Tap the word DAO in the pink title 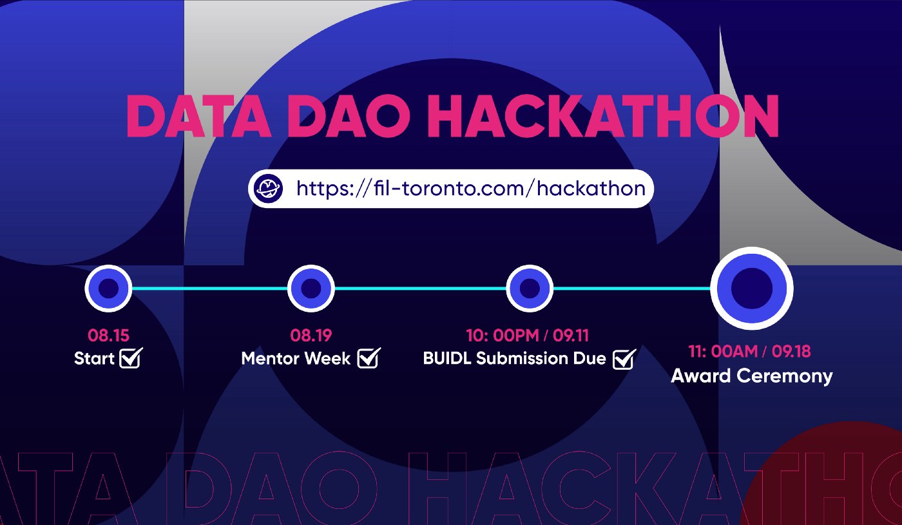(349, 116)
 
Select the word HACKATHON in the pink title (603, 116)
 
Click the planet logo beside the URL (269, 188)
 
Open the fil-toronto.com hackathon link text (471, 188)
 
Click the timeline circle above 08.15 (108, 289)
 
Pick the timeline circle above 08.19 (311, 289)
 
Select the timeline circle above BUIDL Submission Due (530, 289)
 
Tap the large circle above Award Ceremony (752, 289)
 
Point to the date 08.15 (108, 336)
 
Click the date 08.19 (311, 336)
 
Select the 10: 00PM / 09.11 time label (528, 336)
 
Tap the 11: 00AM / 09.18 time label (749, 352)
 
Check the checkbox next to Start (131, 358)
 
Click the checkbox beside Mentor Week (369, 358)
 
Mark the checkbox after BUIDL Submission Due (624, 359)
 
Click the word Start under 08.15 (94, 358)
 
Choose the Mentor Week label (296, 358)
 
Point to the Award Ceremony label (752, 376)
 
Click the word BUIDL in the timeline (447, 358)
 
